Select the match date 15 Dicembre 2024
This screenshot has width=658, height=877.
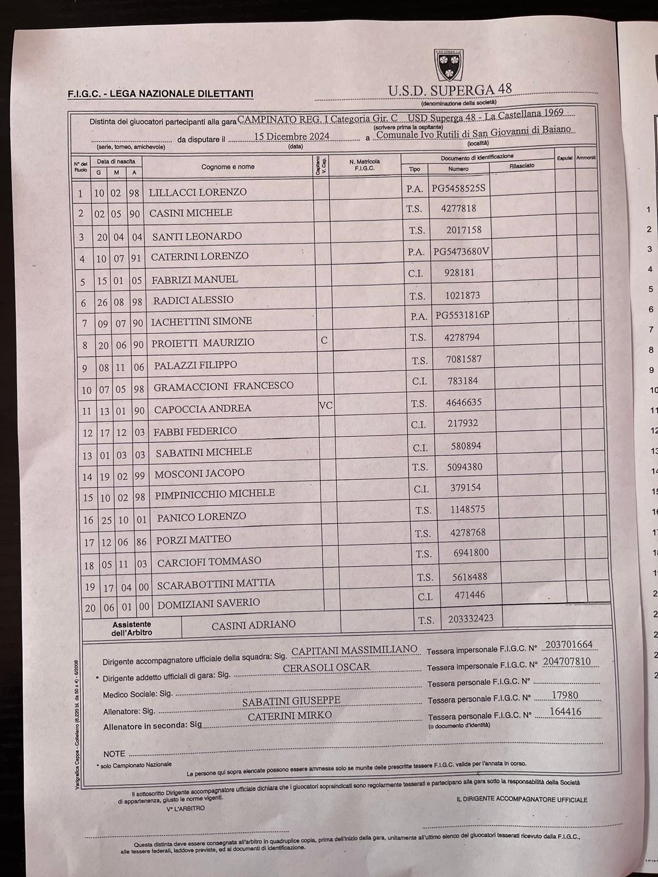pyautogui.click(x=292, y=136)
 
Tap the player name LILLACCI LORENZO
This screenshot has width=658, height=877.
pyautogui.click(x=197, y=192)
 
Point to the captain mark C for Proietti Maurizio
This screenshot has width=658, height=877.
pyautogui.click(x=324, y=340)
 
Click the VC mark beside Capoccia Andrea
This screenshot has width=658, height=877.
pyautogui.click(x=326, y=406)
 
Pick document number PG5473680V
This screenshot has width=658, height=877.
pyautogui.click(x=461, y=252)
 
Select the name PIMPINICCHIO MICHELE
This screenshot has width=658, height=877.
pyautogui.click(x=214, y=493)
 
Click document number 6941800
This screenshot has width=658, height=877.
pyautogui.click(x=470, y=553)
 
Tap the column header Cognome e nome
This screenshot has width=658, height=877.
pyautogui.click(x=228, y=167)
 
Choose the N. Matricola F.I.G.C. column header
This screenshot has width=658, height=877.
pyautogui.click(x=364, y=164)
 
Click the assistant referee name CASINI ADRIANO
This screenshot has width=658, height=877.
pyautogui.click(x=253, y=624)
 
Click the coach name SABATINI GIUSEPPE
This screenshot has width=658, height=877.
pyautogui.click(x=291, y=701)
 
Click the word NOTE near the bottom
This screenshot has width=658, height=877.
pyautogui.click(x=114, y=754)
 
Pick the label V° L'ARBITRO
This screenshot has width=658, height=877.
pyautogui.click(x=185, y=808)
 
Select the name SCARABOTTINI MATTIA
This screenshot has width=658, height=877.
pyautogui.click(x=215, y=584)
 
